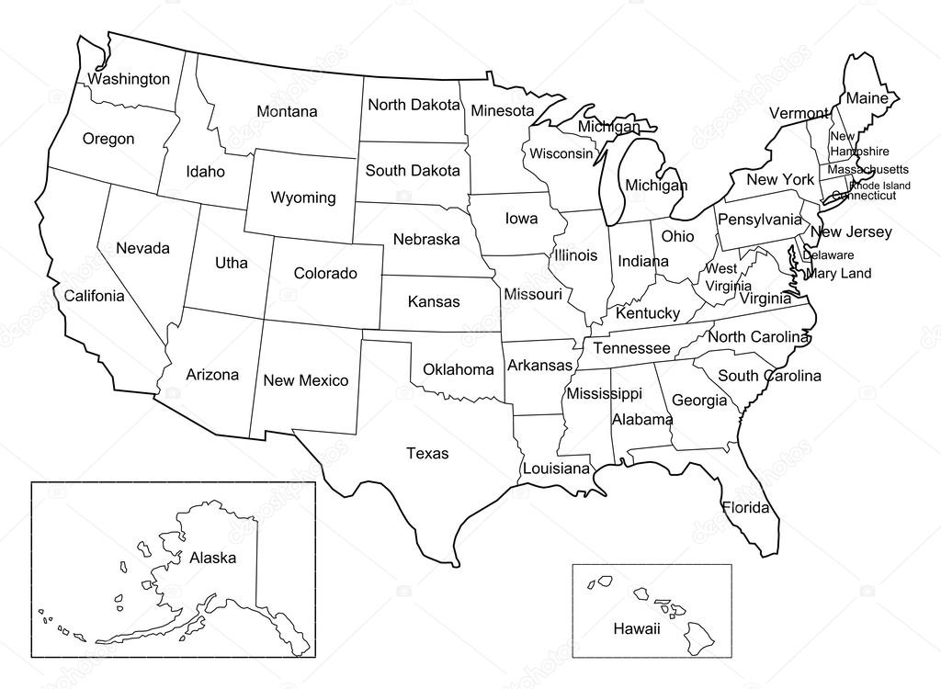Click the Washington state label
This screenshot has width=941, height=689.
129,79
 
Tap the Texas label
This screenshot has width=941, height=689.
427,453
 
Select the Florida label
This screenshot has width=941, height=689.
745,508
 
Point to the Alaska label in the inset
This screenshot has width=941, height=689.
213,558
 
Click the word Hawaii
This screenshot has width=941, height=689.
637,628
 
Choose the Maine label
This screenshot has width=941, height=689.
867,98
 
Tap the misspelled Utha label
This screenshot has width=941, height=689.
232,263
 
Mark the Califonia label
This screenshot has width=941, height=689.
94,296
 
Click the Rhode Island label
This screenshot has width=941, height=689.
879,186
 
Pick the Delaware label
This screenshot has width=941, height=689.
828,255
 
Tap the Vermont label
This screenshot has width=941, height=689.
799,113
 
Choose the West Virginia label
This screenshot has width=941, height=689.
721,277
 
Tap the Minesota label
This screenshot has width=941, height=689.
503,111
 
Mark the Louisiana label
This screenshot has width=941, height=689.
556,469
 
